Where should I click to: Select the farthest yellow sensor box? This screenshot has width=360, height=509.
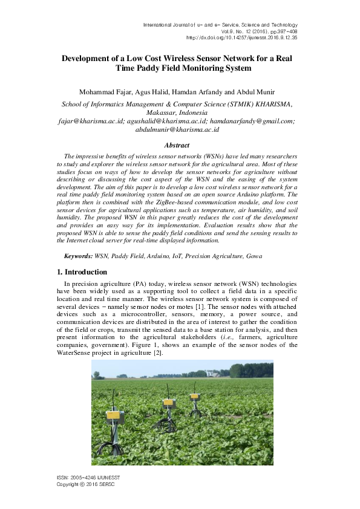tap(195, 397)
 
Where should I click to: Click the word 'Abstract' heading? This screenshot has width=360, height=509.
tap(177, 145)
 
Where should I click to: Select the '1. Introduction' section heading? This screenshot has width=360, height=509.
tap(82, 272)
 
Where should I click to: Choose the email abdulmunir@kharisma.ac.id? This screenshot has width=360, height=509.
tap(177, 129)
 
